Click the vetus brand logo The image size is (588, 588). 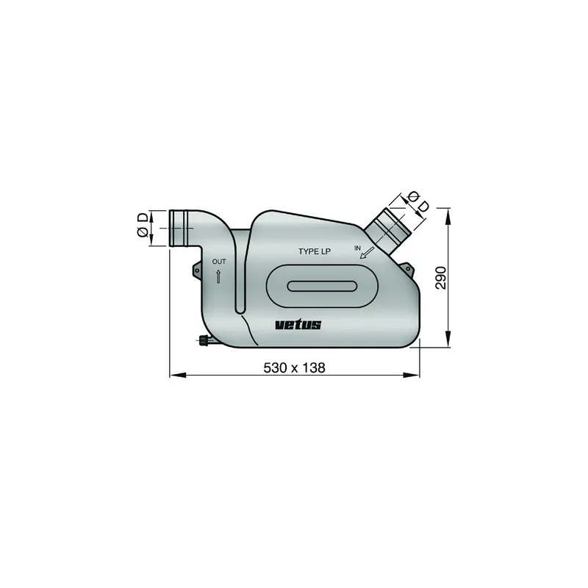(x=298, y=325)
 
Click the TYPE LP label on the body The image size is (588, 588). (x=314, y=251)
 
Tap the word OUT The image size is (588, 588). (x=219, y=262)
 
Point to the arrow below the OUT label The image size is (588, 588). (x=219, y=276)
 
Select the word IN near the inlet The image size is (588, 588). (x=358, y=249)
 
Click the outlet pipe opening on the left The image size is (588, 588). (x=176, y=228)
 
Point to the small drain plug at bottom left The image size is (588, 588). (x=204, y=340)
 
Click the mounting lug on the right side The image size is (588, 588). (x=409, y=269)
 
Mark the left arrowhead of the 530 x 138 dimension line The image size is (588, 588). (x=175, y=376)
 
